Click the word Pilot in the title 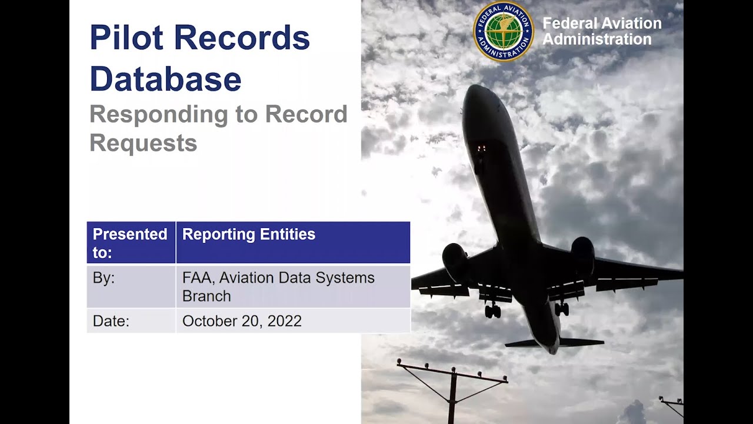[125, 38]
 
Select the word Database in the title [165, 79]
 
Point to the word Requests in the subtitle [143, 143]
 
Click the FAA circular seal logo [503, 32]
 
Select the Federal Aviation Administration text [601, 32]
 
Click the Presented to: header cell [131, 243]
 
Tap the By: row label [104, 278]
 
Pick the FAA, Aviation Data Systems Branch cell [278, 286]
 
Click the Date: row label [111, 321]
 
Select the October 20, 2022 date [242, 321]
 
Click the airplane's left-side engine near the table [455, 261]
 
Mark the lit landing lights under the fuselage [481, 148]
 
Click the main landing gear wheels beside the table [493, 311]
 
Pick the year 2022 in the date [286, 321]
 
